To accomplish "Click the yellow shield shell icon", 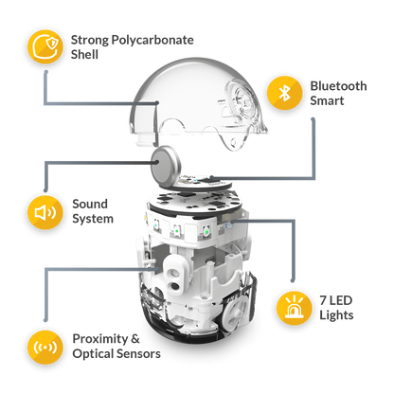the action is [45, 46].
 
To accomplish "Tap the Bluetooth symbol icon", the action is [285, 93].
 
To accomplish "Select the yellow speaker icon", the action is [45, 212].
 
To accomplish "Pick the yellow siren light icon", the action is [295, 308].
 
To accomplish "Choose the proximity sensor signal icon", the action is [45, 348].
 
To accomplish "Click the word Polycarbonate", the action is [152, 41].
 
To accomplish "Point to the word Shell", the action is [84, 54].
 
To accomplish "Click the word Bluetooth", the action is [338, 86].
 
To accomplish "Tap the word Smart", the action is [327, 100].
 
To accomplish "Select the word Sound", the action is [90, 204].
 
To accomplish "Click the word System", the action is [93, 219].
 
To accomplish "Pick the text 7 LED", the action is [335, 300].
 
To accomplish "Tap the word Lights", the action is [336, 315].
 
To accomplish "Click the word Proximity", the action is [99, 339].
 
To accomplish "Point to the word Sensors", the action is [139, 353].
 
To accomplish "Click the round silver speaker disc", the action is [166, 167].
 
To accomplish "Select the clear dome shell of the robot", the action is [199, 104].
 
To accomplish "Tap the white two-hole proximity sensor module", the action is [176, 274].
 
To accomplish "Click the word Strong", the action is [90, 41].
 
